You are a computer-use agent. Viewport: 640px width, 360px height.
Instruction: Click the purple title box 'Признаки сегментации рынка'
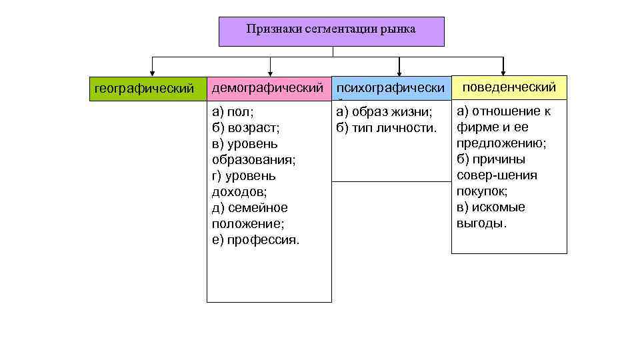tap(331, 31)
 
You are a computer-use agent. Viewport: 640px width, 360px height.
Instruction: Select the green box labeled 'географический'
tap(145, 88)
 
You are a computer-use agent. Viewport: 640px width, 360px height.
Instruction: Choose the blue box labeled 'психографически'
tap(390, 88)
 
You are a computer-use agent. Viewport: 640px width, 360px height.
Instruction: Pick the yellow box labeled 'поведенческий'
tap(509, 87)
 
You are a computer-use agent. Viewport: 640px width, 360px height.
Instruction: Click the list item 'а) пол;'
tap(233, 111)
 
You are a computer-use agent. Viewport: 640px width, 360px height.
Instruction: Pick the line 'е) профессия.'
tap(256, 240)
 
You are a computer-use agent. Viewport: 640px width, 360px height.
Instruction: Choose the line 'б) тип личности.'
tap(387, 127)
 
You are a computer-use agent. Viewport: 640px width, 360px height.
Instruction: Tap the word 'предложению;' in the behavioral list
tap(501, 143)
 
